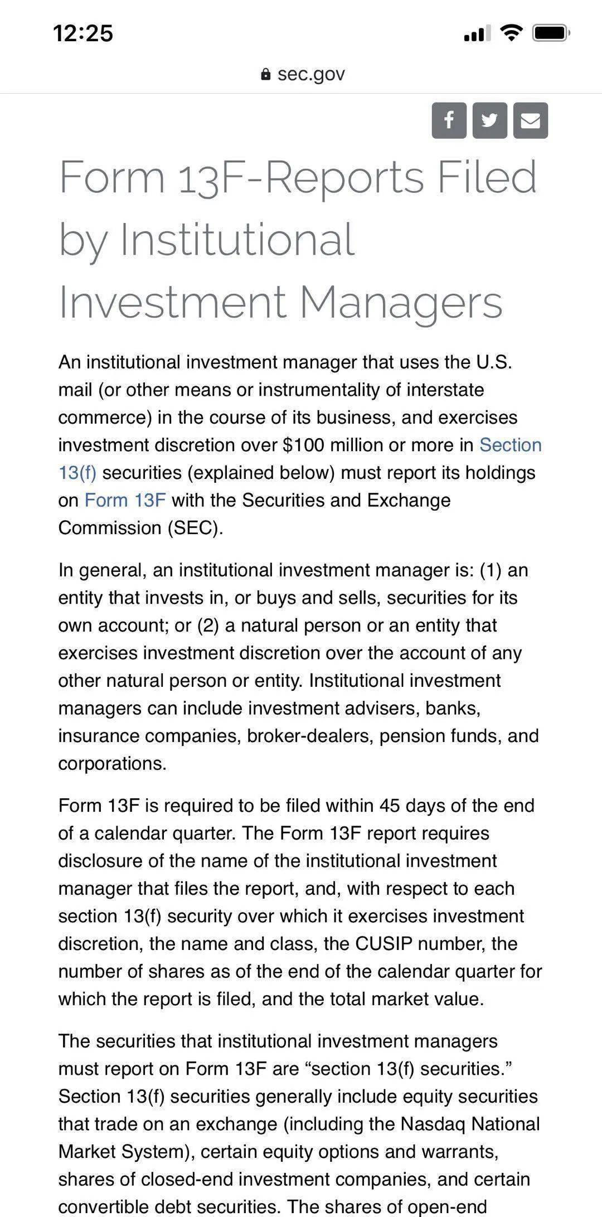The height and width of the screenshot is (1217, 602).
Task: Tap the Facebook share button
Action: pyautogui.click(x=449, y=120)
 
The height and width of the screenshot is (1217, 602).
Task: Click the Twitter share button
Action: pyautogui.click(x=489, y=120)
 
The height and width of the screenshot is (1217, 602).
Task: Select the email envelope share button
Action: pyautogui.click(x=530, y=120)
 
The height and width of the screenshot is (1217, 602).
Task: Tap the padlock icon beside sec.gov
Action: pyautogui.click(x=266, y=74)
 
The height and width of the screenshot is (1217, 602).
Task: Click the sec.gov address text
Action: pyautogui.click(x=311, y=74)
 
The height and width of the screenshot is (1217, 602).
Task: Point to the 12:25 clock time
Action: pyautogui.click(x=84, y=33)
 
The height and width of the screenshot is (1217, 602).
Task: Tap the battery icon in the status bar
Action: pyautogui.click(x=551, y=33)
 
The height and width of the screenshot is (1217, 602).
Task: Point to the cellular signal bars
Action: pyautogui.click(x=477, y=34)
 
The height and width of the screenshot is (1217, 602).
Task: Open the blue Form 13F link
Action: pyautogui.click(x=125, y=500)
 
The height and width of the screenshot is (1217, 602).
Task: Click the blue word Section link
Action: pyautogui.click(x=510, y=445)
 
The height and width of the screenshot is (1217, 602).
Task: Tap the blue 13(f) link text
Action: pyautogui.click(x=77, y=473)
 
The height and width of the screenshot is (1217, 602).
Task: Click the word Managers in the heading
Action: pyautogui.click(x=401, y=302)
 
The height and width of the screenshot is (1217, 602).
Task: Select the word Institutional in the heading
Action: pyautogui.click(x=237, y=240)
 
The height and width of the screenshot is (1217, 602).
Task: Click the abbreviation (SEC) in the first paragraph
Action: pyautogui.click(x=195, y=527)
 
